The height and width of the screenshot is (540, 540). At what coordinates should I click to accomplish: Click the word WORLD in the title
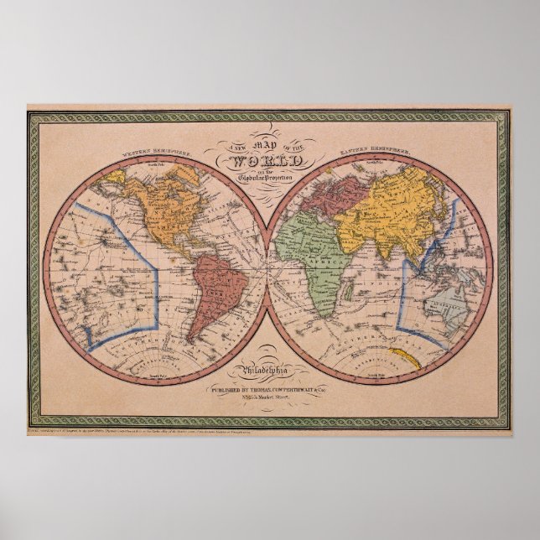click(x=271, y=158)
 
